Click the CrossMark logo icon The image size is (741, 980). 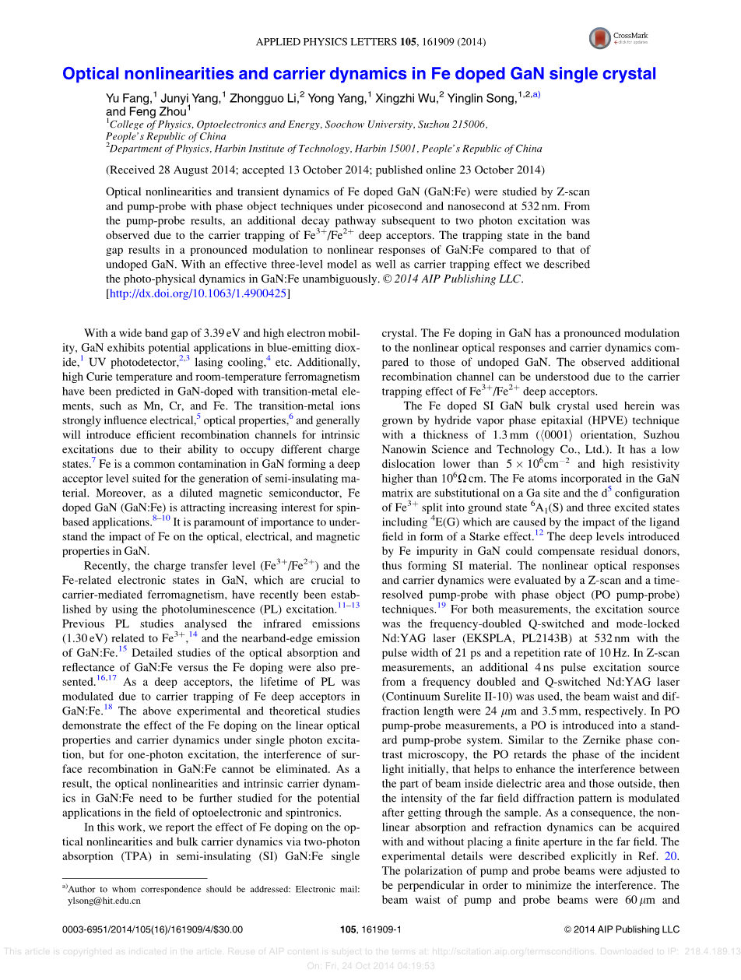tap(600, 37)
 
